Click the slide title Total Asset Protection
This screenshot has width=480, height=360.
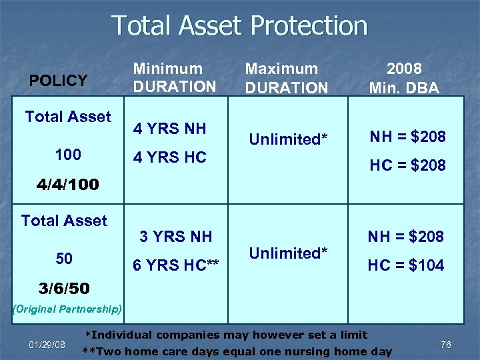[x=239, y=26]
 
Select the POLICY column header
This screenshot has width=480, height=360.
[x=59, y=81]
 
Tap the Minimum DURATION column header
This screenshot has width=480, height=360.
[x=174, y=77]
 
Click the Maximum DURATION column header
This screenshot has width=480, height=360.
[x=286, y=78]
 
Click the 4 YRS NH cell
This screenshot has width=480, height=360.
[x=169, y=129]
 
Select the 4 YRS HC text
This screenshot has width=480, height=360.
[x=169, y=158]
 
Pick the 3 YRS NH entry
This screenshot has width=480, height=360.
[x=175, y=236]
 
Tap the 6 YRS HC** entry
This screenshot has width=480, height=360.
[x=176, y=265]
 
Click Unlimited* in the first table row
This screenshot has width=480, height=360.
[x=288, y=139]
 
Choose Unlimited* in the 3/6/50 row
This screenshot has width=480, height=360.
[x=288, y=253]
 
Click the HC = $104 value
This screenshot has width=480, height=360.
[x=406, y=265]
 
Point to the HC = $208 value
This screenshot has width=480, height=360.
[x=407, y=165]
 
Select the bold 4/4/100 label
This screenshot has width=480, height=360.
[x=68, y=185]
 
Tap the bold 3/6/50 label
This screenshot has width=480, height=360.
[x=65, y=289]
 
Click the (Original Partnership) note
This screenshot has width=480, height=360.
[x=67, y=309]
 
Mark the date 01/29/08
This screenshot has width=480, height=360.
[x=47, y=345]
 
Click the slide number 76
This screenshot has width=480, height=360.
[x=446, y=345]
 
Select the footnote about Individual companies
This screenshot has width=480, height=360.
[x=227, y=335]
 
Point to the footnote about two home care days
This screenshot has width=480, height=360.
[x=237, y=351]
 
